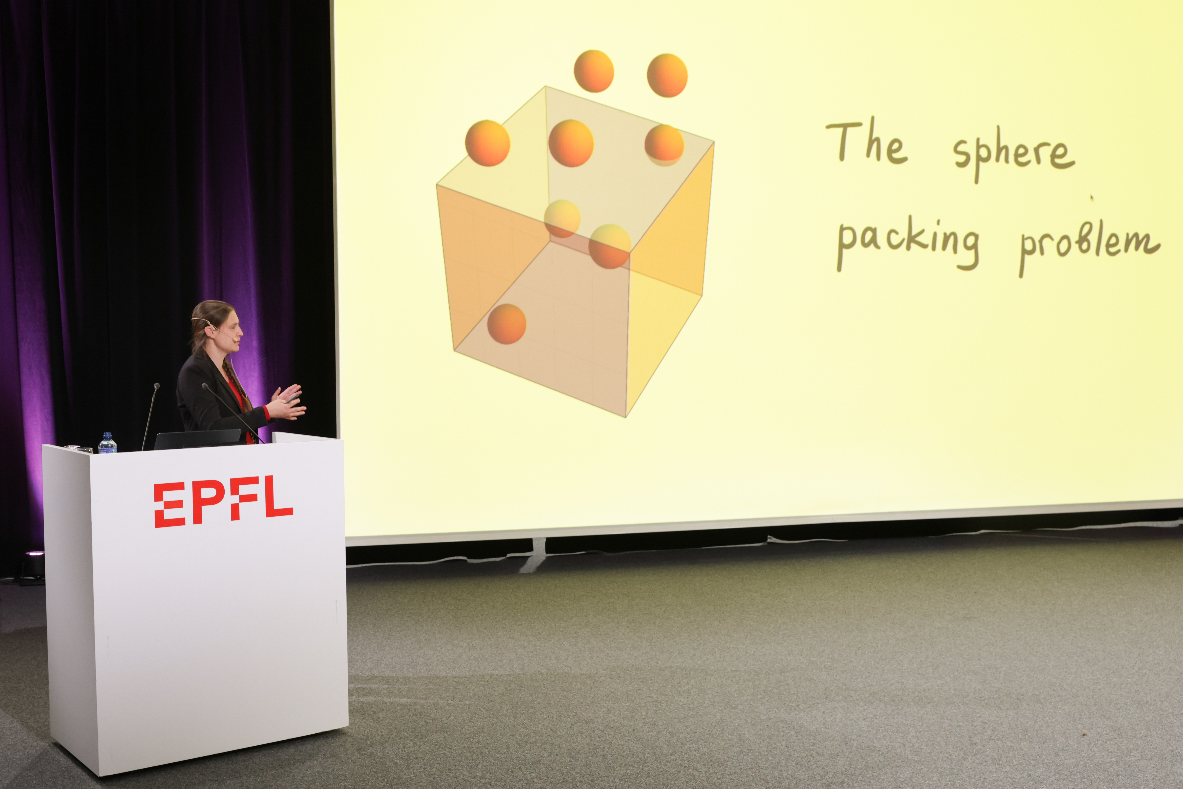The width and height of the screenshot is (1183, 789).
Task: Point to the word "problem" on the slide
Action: (x=1089, y=247)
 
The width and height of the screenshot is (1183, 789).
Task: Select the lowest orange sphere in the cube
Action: (x=506, y=324)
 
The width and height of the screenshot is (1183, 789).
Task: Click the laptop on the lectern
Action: (x=197, y=439)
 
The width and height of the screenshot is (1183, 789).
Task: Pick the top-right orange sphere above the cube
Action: (x=667, y=75)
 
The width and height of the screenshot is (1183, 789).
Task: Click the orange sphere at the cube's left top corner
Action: (x=487, y=143)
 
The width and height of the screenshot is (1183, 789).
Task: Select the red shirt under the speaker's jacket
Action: (x=242, y=403)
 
